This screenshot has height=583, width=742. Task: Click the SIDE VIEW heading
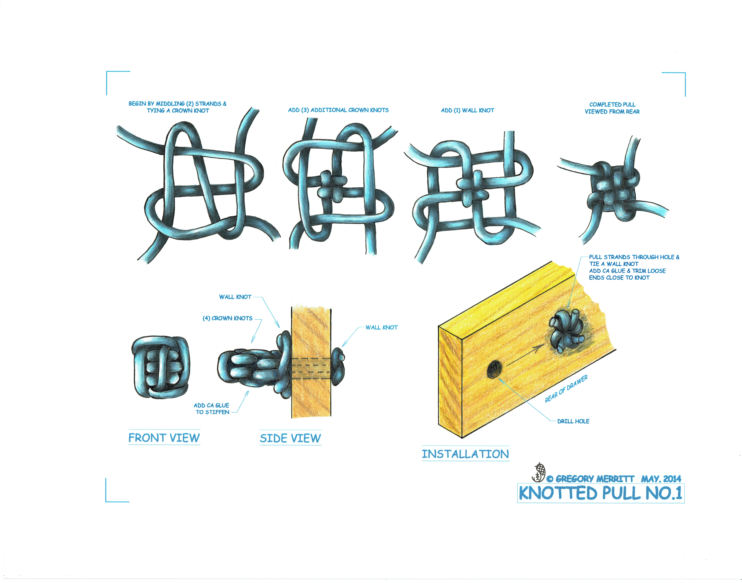point(290,438)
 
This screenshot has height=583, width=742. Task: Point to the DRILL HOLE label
point(573,421)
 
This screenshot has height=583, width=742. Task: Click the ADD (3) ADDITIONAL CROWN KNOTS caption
point(338,110)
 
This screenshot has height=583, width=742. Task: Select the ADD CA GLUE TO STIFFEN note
point(212,409)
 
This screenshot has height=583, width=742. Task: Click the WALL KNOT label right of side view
point(382,327)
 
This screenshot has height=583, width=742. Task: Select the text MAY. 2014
point(661,479)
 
